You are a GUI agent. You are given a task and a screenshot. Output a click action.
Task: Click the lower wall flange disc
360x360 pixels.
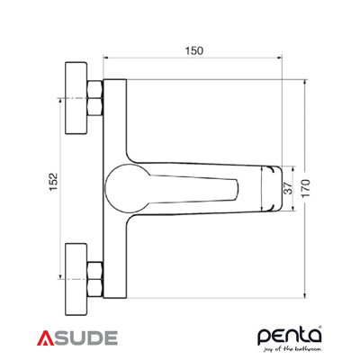point(73,269)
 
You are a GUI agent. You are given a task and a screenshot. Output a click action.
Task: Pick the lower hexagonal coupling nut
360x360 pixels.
point(94,269)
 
